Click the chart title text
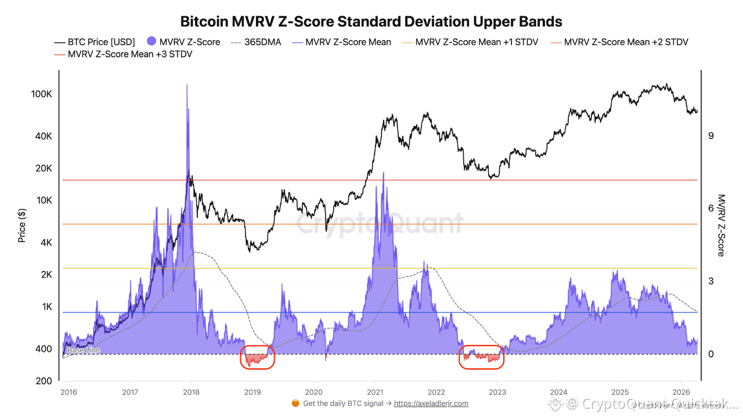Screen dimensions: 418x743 pos(371,22)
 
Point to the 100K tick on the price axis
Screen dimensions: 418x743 pos(42,94)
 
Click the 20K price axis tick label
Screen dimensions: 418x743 pos(44,168)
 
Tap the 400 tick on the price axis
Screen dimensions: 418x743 pos(44,349)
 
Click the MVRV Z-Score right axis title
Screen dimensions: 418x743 pos(721,225)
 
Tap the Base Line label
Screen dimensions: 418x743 pos(84,350)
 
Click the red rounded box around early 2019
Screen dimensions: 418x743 pos(257,357)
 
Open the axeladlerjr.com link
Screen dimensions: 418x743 pos(431,403)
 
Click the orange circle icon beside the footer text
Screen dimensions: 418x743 pos(295,403)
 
